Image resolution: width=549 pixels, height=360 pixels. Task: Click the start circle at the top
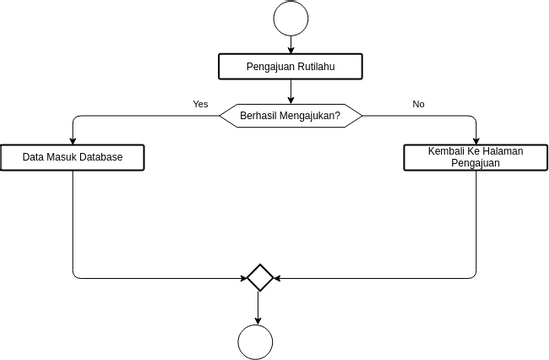[290, 19]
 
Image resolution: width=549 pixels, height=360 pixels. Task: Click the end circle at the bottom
[259, 341]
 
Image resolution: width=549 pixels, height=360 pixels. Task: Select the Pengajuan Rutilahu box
[290, 67]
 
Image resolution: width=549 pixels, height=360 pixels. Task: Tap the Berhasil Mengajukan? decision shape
[290, 115]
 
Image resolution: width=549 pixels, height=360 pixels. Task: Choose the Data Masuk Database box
[73, 157]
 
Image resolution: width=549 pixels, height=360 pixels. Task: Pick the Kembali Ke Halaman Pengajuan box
[476, 157]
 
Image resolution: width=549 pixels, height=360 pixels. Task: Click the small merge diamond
[260, 277]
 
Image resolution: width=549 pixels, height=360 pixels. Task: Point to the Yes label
[200, 103]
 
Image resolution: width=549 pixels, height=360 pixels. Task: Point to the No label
[418, 103]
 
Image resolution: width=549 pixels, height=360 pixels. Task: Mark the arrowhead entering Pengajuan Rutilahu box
[290, 49]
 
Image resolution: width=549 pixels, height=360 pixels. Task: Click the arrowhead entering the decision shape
[290, 99]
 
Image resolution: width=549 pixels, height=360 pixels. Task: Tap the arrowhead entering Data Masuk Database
[73, 140]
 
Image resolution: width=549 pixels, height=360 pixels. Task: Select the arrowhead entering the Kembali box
[476, 140]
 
